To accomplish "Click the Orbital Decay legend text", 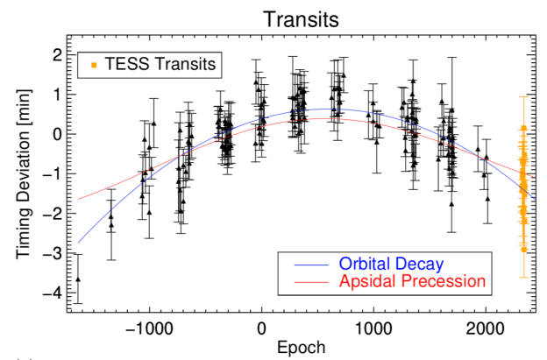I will pyautogui.click(x=394, y=264).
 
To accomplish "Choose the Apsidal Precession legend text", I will pyautogui.click(x=411, y=281).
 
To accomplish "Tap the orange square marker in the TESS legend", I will pyautogui.click(x=92, y=64).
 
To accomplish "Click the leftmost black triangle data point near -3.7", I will pyautogui.click(x=77, y=279).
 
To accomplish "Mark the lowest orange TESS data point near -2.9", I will pyautogui.click(x=524, y=250).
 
